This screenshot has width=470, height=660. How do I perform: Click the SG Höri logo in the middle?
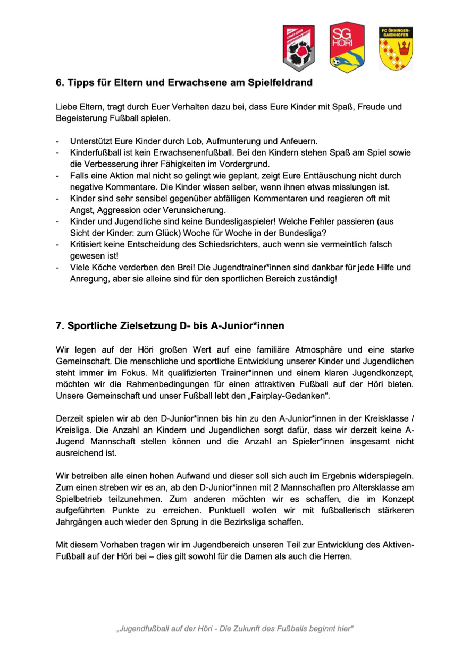click(347, 47)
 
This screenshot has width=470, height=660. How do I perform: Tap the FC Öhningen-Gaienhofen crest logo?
click(395, 48)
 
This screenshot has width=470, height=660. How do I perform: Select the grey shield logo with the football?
click(298, 48)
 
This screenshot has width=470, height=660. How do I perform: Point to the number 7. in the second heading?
click(60, 325)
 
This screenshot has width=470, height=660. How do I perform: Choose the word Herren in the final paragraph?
click(339, 557)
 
